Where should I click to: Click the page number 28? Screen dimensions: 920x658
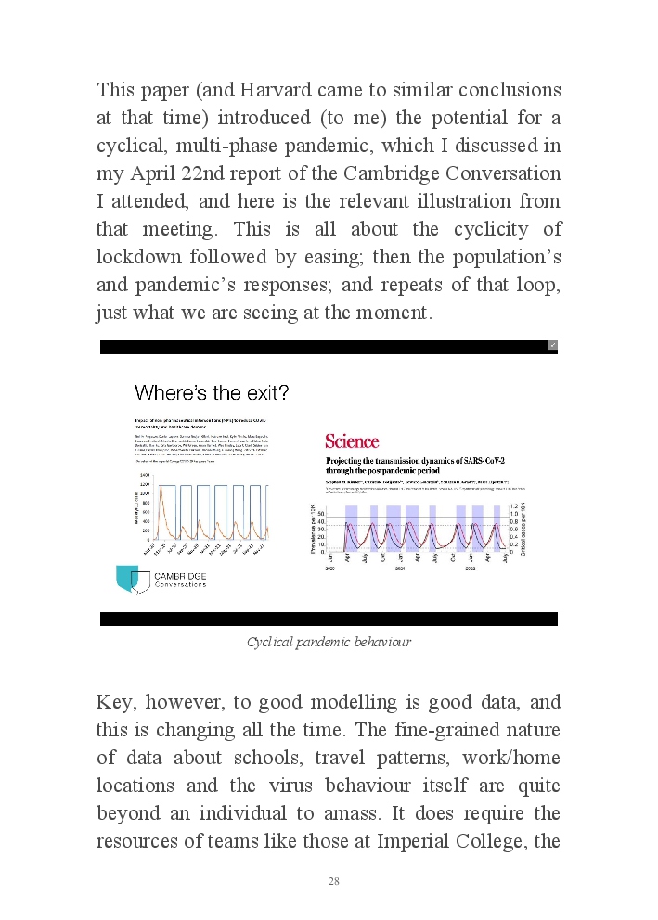334,880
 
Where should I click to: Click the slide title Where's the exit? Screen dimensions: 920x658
212,392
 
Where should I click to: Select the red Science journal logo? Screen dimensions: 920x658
352,441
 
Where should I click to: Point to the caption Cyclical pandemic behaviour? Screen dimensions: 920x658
329,642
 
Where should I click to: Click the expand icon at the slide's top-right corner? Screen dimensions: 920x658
552,345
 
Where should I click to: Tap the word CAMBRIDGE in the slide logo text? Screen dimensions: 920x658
181,576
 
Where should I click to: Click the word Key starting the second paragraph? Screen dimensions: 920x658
115,702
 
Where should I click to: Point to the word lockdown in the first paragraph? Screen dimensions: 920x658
136,257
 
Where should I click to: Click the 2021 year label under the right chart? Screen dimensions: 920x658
400,569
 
